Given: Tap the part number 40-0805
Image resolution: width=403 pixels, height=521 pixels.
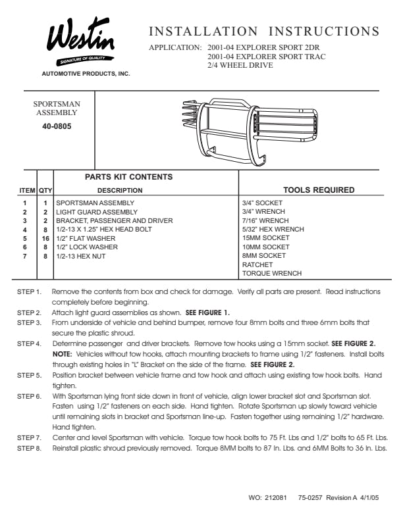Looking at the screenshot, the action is point(57,126).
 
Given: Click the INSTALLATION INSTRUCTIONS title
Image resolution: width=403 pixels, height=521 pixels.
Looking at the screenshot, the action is point(264,31).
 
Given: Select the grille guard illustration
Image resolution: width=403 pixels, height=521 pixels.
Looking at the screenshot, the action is point(250,132).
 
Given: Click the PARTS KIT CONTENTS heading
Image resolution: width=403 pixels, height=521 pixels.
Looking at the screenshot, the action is point(128,177).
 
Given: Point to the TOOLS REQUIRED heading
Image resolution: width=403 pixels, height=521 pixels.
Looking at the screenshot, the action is point(319,190).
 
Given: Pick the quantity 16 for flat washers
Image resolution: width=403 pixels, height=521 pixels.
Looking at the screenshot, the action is point(45,239).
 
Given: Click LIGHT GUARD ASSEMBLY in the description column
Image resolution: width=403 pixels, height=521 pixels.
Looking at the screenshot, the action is point(97,212).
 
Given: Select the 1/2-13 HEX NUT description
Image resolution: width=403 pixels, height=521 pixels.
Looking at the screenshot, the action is point(81,256).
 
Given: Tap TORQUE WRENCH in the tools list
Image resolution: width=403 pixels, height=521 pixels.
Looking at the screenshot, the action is point(272,273).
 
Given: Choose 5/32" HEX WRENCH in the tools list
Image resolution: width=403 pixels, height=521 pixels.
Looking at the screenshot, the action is point(273,230).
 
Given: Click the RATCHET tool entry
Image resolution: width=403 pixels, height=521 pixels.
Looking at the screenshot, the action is point(257,265).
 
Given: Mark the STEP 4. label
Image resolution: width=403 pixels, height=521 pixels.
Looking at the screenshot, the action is point(29,343).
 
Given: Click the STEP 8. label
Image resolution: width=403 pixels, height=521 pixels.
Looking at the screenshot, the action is point(29,448).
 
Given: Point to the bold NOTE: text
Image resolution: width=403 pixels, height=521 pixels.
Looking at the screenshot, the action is point(62,354).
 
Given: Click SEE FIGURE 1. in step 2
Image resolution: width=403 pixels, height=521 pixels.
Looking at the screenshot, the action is point(207,312).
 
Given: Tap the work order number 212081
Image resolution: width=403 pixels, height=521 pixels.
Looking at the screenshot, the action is point(276,498).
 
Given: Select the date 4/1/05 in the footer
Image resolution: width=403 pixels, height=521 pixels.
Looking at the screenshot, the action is point(369,498).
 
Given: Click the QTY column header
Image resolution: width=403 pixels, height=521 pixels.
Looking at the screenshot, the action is point(45,190).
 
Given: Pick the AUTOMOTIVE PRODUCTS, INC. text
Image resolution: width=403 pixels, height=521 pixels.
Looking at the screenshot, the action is point(86,74).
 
